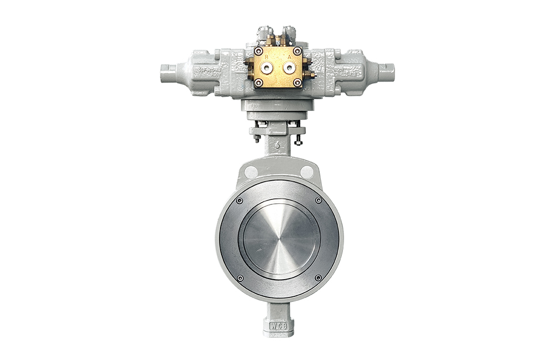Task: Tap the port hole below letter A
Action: tap(289, 68)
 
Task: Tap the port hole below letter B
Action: tap(267, 68)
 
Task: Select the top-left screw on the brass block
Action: tap(258, 51)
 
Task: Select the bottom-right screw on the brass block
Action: tap(297, 83)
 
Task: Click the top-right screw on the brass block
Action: tap(297, 51)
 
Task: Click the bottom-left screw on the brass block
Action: tap(258, 83)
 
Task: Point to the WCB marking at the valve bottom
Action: tap(279, 326)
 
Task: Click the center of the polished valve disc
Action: tap(279, 239)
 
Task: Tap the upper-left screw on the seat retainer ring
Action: tap(239, 200)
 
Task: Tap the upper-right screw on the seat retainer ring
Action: tap(319, 200)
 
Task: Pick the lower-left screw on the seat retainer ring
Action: tap(240, 278)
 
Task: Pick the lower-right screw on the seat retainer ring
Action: tap(318, 278)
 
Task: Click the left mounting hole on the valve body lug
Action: tap(251, 172)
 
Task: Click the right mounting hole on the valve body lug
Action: tap(307, 172)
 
